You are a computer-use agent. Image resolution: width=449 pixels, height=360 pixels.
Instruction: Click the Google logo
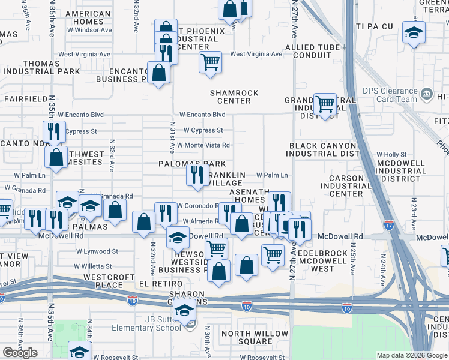(x=20, y=353)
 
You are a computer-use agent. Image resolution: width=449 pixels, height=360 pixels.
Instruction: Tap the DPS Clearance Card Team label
(x=390, y=95)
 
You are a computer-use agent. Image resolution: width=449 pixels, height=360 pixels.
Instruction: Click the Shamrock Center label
(x=234, y=97)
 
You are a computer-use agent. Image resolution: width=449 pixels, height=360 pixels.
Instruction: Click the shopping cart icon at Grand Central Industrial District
(x=325, y=104)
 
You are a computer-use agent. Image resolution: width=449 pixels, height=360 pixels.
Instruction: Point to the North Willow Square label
(x=256, y=338)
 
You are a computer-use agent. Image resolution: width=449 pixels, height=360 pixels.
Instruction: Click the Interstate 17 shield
(x=389, y=226)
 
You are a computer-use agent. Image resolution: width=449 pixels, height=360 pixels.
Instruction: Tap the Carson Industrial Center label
(x=346, y=186)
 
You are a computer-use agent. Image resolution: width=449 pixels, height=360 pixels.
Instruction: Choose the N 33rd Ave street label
(x=112, y=156)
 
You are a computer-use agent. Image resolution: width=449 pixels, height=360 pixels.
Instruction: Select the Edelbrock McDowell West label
(x=322, y=261)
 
